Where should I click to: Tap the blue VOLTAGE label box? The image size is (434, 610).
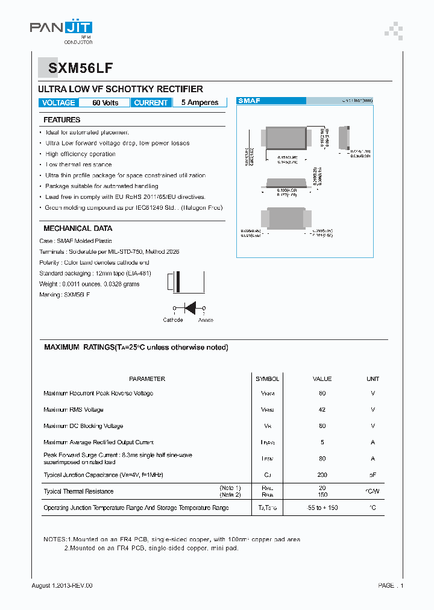58,103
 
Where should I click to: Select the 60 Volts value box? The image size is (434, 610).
105,103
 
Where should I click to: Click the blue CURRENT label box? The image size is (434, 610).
151,103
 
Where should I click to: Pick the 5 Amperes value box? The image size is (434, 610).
200,103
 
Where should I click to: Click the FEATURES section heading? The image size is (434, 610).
62,120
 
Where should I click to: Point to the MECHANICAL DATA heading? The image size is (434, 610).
78,228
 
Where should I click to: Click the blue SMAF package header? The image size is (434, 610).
250,101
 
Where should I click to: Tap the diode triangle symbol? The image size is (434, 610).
191,308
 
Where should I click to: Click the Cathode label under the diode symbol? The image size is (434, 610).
173,320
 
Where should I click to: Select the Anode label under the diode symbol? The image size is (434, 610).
206,320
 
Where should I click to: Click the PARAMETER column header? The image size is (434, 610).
147,379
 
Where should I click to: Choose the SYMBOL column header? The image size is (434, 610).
267,379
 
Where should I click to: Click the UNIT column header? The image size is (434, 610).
373,379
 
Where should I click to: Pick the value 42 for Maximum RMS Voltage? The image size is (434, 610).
322,410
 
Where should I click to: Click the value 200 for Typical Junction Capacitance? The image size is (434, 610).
322,475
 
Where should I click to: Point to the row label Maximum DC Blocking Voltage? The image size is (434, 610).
83,426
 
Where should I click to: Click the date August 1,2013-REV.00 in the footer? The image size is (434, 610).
62,585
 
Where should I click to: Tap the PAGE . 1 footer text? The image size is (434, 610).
391,585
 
